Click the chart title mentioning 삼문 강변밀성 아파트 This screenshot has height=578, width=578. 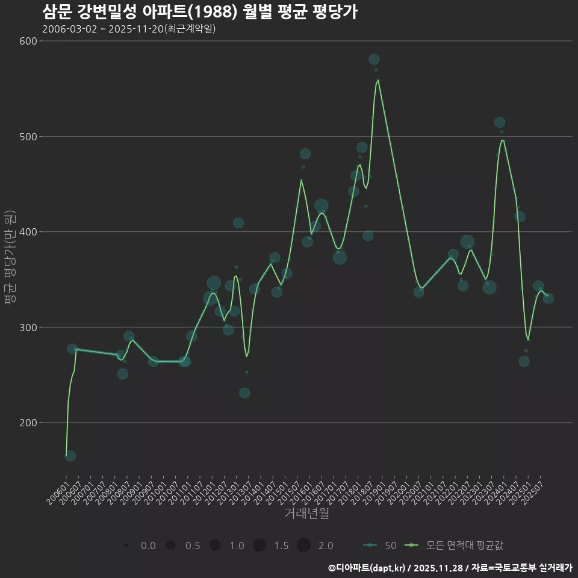(200, 12)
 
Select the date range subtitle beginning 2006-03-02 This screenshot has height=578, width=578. (129, 30)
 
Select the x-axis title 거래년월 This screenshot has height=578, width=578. (306, 514)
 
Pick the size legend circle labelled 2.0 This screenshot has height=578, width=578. (303, 545)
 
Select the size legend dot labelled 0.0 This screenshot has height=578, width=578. (126, 545)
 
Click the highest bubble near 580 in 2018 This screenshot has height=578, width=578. (374, 59)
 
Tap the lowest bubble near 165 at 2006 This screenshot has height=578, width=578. (70, 456)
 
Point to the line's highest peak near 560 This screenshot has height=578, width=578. (378, 80)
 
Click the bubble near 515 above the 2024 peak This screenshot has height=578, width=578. (499, 122)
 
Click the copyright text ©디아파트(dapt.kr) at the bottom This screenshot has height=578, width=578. (367, 568)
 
